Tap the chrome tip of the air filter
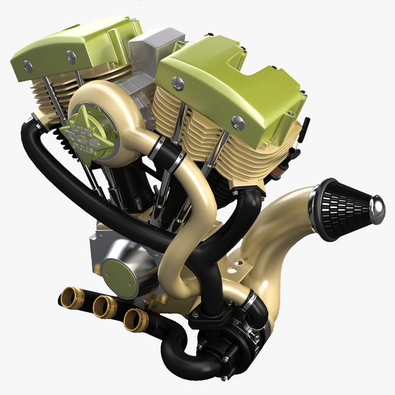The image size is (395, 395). [378, 209]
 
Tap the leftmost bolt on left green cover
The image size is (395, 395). [28, 66]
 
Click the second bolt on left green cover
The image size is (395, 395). [70, 58]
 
